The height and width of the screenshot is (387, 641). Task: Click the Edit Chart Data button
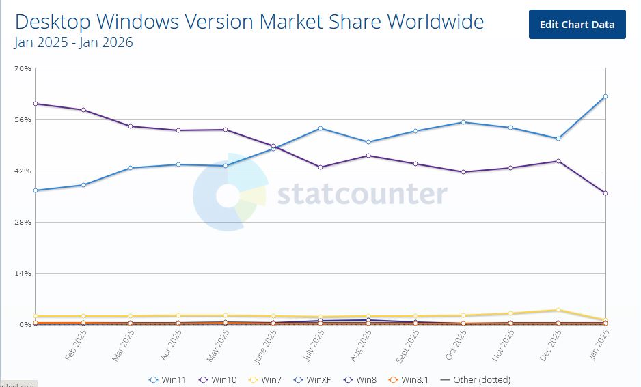pyautogui.click(x=577, y=25)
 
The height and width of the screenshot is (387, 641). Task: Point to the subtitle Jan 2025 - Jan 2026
pyautogui.click(x=73, y=42)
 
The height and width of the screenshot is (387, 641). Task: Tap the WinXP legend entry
pyautogui.click(x=315, y=379)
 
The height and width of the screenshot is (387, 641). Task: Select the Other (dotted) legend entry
pyautogui.click(x=476, y=379)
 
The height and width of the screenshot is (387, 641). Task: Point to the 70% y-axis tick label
pyautogui.click(x=23, y=68)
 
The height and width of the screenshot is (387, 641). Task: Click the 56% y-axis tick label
pyautogui.click(x=23, y=119)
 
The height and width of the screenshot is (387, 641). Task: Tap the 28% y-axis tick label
pyautogui.click(x=23, y=222)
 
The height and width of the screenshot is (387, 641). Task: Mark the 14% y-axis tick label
pyautogui.click(x=23, y=273)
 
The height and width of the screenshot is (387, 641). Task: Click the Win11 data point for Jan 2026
pyautogui.click(x=605, y=96)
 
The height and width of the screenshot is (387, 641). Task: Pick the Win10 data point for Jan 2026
pyautogui.click(x=605, y=193)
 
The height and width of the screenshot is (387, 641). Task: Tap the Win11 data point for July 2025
pyautogui.click(x=320, y=128)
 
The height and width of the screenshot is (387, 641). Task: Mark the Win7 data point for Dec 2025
pyautogui.click(x=558, y=310)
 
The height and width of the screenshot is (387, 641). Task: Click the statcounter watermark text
pyautogui.click(x=362, y=195)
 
